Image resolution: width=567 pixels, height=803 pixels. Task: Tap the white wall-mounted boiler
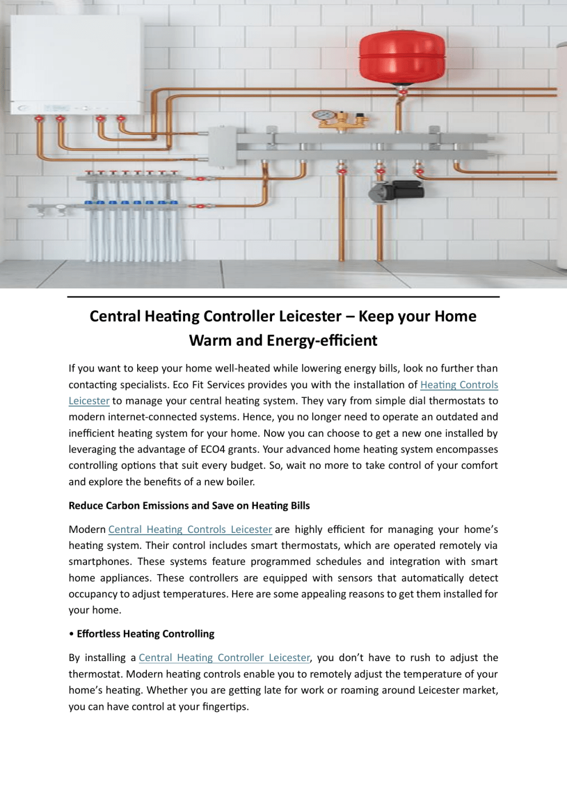(x=76, y=65)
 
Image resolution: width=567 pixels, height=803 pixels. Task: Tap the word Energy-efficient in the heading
(x=322, y=341)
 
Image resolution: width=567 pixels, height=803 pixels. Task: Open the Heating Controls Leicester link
(x=458, y=385)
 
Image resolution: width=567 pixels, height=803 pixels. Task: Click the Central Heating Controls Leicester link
(x=190, y=530)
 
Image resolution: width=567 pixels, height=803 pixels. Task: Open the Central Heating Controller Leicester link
(x=224, y=658)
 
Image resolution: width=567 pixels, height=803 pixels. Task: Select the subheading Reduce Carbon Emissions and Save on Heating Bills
(x=189, y=506)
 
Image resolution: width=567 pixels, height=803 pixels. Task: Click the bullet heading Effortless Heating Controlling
(x=145, y=634)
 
